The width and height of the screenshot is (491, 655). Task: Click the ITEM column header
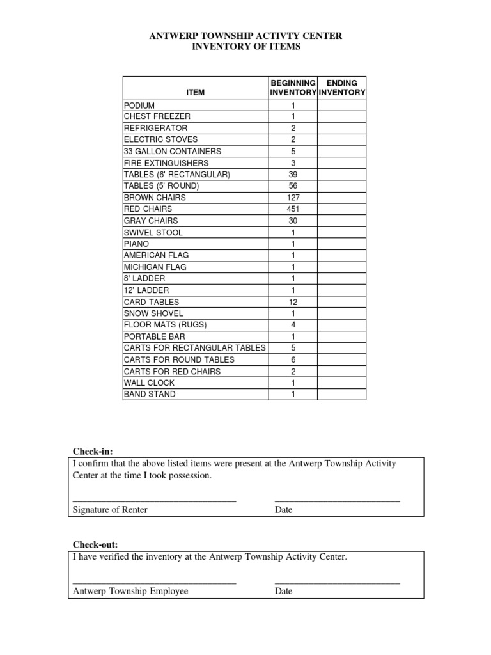point(195,93)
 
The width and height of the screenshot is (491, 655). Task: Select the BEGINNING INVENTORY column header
point(293,88)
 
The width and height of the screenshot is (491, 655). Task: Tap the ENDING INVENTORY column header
point(342,88)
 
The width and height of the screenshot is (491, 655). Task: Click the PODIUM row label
point(139,106)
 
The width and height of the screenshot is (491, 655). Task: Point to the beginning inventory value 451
point(293,209)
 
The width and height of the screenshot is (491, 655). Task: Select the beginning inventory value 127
point(293,198)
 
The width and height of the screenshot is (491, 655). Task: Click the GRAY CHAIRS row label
point(151,221)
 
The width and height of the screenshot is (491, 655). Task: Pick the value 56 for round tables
point(293,186)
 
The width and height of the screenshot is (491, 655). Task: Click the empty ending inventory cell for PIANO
point(341,244)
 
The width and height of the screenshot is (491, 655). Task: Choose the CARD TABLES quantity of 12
point(293,302)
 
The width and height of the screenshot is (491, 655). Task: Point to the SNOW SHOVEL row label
point(153,313)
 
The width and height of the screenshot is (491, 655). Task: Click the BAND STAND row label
point(150,394)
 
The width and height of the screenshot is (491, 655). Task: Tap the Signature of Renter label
point(110,510)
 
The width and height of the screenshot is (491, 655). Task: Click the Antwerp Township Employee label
point(130,591)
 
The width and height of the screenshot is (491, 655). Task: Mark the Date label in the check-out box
point(283,591)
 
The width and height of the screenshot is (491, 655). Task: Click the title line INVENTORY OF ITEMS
point(245,47)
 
